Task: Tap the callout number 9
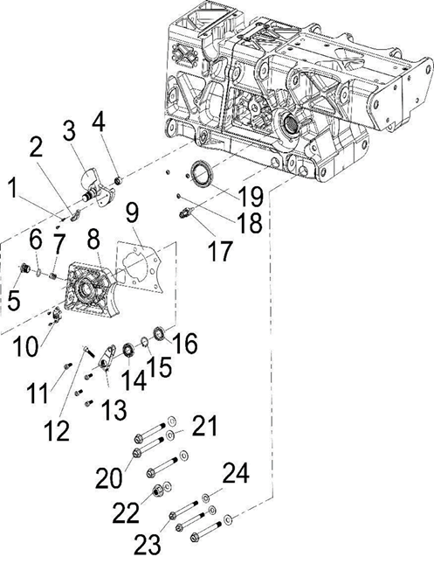tap(133, 212)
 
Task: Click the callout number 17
tap(221, 253)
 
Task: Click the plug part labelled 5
tap(27, 267)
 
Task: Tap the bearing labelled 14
tap(127, 350)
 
